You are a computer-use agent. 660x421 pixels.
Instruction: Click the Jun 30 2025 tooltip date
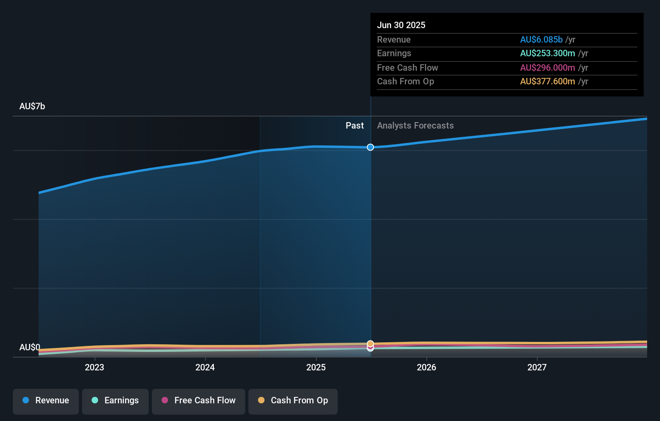[x=401, y=25]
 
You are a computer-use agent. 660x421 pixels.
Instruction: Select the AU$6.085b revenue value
[x=541, y=39]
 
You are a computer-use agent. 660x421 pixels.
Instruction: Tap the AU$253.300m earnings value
[x=547, y=53]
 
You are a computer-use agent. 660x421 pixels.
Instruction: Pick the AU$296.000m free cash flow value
[x=547, y=67]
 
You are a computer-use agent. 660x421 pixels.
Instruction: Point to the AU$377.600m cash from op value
[x=547, y=81]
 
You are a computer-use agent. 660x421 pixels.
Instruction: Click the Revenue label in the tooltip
[x=394, y=39]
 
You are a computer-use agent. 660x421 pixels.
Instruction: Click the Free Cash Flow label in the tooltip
[x=407, y=67]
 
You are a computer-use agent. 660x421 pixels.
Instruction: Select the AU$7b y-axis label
[x=32, y=106]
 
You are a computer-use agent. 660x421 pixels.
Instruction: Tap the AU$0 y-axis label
[x=30, y=347]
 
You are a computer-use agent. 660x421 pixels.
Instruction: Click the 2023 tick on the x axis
[x=94, y=367]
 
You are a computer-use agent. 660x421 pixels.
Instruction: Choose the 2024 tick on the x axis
[x=205, y=367]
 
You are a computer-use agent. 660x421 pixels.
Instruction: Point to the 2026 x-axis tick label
[x=426, y=367]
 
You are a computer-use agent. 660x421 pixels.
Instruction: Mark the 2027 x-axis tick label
[x=537, y=367]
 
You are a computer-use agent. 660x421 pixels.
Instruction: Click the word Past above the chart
[x=355, y=125]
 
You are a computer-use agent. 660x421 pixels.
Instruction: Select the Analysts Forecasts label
[x=415, y=125]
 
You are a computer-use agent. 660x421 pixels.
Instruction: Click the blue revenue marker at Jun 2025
[x=370, y=147]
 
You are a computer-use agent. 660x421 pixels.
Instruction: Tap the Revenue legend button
[x=46, y=401]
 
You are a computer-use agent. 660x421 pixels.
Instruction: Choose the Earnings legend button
[x=115, y=401]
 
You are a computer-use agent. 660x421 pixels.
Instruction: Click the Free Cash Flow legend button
[x=199, y=401]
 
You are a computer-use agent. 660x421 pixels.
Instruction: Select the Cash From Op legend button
[x=293, y=401]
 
